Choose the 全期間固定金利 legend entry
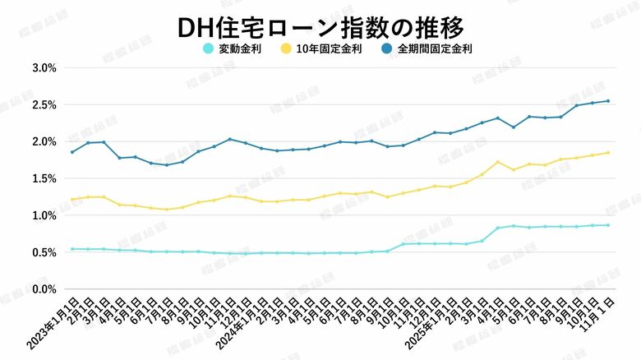pyautogui.click(x=434, y=49)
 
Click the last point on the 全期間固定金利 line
pyautogui.click(x=607, y=101)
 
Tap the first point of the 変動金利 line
pyautogui.click(x=72, y=249)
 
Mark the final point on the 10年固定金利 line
pyautogui.click(x=607, y=152)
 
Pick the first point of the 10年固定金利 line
pyautogui.click(x=72, y=199)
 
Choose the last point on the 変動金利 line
pyautogui.click(x=607, y=225)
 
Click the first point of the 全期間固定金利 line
pyautogui.click(x=72, y=151)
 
